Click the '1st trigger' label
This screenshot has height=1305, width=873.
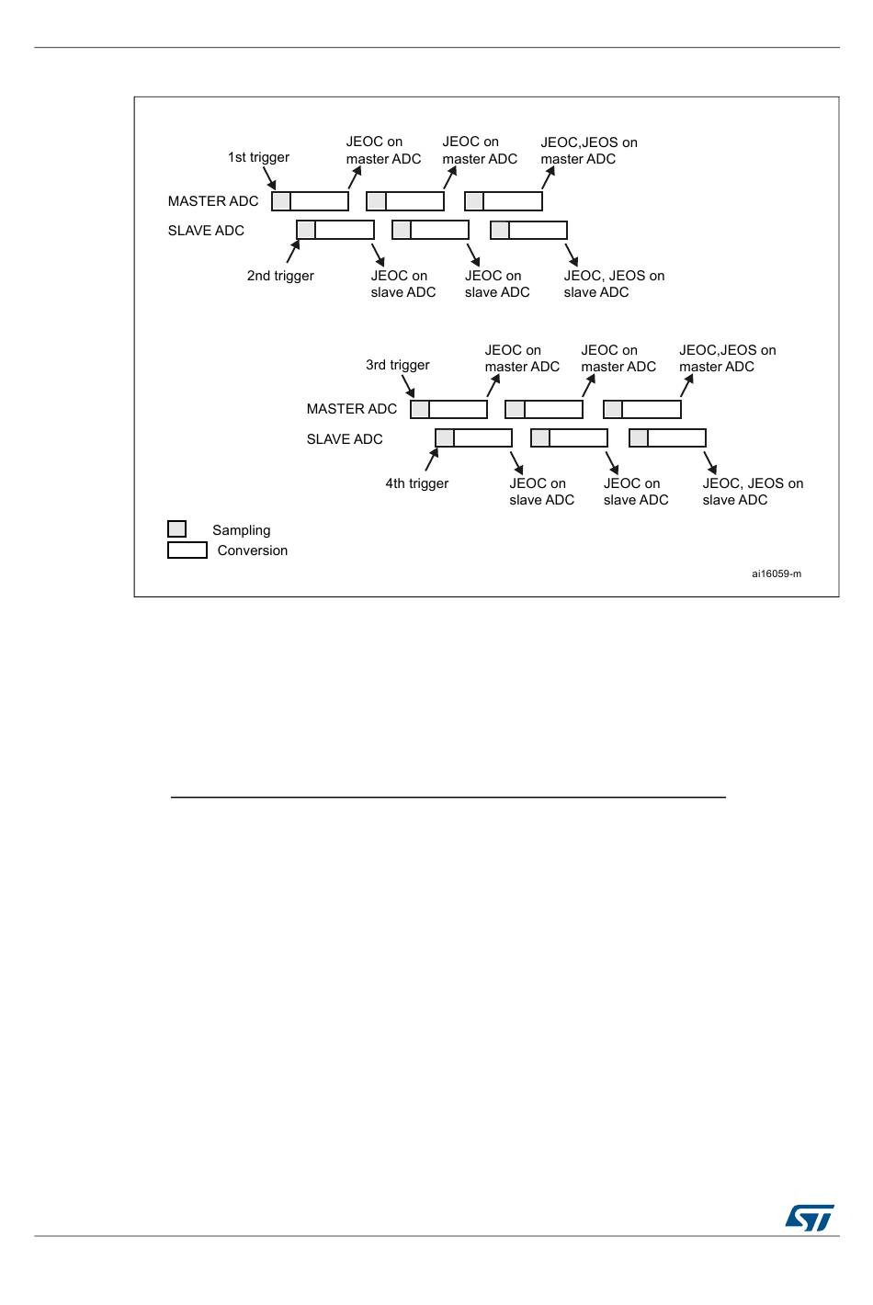click(x=258, y=157)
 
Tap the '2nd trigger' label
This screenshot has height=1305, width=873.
click(x=280, y=276)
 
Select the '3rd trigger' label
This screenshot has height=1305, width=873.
click(x=397, y=365)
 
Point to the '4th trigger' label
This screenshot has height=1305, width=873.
click(x=416, y=483)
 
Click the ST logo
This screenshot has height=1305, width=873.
click(x=810, y=1217)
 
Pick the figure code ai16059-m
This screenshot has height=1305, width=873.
click(x=777, y=573)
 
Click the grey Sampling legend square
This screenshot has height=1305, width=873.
click(x=176, y=528)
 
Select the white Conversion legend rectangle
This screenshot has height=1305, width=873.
click(x=187, y=550)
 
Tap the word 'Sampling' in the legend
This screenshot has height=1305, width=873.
click(x=241, y=530)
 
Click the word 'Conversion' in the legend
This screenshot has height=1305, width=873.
click(x=252, y=550)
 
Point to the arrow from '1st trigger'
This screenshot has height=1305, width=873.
click(x=269, y=178)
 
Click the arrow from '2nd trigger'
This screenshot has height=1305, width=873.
click(x=293, y=251)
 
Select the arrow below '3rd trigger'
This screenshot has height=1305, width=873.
click(x=408, y=386)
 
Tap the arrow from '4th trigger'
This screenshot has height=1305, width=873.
click(x=432, y=460)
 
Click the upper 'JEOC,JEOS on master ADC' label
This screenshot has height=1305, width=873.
click(x=589, y=151)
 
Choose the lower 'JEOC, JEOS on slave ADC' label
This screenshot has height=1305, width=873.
click(x=753, y=492)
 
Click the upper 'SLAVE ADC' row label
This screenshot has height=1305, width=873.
click(x=206, y=231)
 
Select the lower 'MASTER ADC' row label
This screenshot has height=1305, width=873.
click(x=351, y=409)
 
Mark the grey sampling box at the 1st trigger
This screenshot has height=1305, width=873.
click(x=281, y=201)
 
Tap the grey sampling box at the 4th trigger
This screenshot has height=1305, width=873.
click(x=445, y=438)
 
